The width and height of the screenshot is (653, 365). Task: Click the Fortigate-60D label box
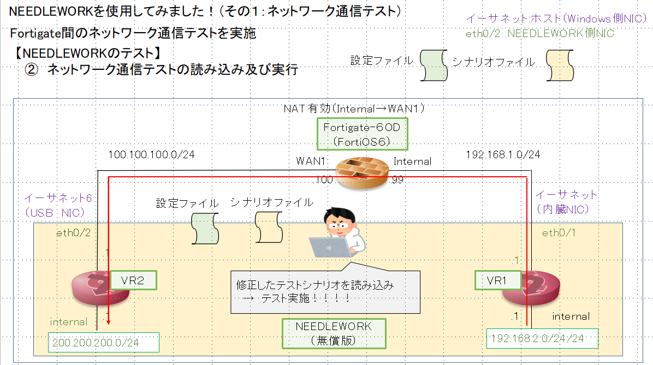tap(363, 134)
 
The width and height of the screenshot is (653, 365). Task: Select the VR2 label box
tap(133, 280)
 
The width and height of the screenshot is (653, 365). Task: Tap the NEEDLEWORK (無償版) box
tap(333, 333)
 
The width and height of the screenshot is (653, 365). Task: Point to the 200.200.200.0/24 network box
tap(103, 343)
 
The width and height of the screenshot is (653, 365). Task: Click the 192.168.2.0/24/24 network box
tap(542, 338)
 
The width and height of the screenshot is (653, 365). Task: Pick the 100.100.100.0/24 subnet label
tap(151, 154)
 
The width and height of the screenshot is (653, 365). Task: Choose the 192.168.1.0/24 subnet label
tap(503, 154)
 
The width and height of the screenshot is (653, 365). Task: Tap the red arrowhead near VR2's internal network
tap(109, 321)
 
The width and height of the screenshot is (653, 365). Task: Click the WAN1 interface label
tap(311, 161)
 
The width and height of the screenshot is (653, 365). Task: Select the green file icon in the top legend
tap(434, 65)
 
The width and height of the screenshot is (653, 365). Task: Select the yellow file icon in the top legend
tap(560, 65)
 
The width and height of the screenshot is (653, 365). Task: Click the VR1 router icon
tap(531, 289)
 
